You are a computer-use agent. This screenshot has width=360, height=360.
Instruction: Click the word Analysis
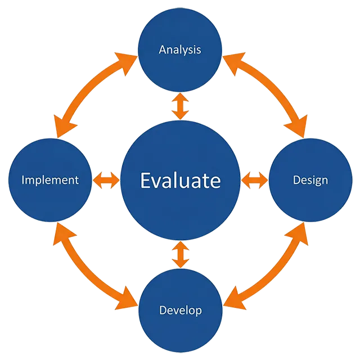[179, 50]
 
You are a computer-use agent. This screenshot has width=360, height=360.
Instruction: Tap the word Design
[310, 180]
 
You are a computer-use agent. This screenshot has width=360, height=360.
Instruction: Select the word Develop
[180, 310]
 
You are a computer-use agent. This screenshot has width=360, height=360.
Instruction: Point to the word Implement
[49, 180]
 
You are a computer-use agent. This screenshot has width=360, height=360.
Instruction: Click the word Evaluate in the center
[180, 181]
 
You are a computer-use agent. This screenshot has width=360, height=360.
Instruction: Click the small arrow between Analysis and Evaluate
[180, 106]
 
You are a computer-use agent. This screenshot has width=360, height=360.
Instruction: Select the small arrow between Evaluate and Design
[254, 180]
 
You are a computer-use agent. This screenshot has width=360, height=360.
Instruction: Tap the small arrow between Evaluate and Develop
[180, 254]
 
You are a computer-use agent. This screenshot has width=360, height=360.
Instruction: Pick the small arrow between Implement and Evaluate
[106, 180]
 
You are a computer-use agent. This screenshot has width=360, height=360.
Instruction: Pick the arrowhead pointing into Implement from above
[58, 128]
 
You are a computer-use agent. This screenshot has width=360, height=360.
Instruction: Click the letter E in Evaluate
[145, 181]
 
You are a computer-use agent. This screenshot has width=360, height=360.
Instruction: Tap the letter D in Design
[296, 180]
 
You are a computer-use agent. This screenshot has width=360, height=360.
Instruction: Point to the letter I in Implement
[23, 180]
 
